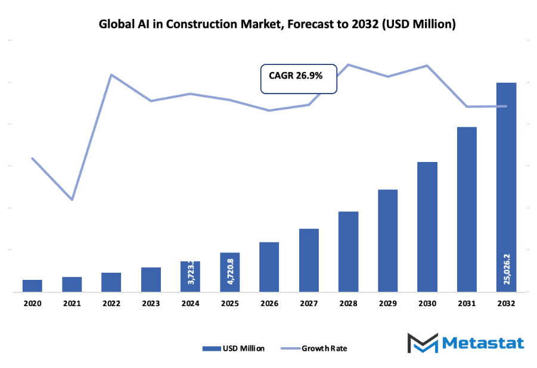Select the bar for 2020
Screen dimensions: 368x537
point(32,286)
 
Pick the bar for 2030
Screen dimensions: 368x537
point(427,226)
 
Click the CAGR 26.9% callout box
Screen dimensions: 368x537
point(299,79)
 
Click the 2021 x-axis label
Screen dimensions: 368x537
point(72,304)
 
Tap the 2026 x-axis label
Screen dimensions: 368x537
point(269,304)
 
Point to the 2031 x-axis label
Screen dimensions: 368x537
point(467,304)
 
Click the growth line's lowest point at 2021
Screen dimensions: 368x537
point(72,199)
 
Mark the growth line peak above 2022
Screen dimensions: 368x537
point(111,75)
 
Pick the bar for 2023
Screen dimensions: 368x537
point(151,279)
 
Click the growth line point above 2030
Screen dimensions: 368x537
point(427,66)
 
